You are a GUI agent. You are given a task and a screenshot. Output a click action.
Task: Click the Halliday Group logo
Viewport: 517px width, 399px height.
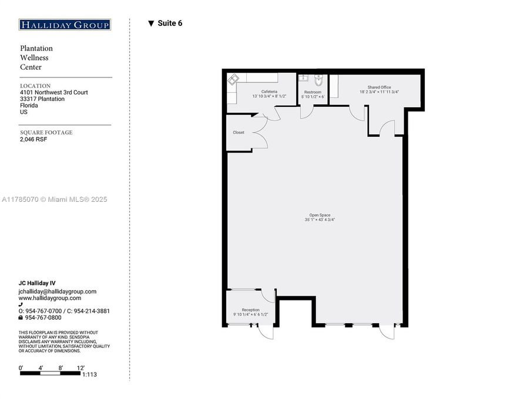coord(65,25)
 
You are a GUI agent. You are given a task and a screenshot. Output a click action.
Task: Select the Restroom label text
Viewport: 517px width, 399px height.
coord(313,92)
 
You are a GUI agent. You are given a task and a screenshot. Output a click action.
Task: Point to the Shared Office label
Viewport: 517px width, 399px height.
coord(379,87)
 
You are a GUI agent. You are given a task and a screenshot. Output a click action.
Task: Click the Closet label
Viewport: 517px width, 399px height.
coord(239,133)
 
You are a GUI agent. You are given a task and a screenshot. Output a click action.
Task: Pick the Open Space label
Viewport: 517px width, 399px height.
coord(320,215)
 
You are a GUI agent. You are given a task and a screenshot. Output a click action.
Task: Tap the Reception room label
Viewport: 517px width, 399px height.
coord(250,310)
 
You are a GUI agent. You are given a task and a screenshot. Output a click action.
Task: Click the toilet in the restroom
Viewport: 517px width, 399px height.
coord(318,80)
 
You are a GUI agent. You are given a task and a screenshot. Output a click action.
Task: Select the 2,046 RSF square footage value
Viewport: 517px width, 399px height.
coord(33,140)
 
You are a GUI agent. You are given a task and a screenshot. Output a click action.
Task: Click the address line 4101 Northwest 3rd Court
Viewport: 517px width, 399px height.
coord(54,93)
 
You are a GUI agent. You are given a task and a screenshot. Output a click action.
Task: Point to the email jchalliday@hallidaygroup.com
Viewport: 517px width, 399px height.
coord(58,291)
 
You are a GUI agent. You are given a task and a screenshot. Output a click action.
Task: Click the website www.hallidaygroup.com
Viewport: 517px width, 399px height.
coord(50,298)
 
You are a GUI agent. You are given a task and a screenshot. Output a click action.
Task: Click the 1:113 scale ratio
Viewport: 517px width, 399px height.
coord(89,374)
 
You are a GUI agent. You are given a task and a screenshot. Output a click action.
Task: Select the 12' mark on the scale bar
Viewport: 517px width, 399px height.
coord(80,368)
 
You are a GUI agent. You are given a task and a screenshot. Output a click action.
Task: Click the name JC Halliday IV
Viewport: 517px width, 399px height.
coord(37,283)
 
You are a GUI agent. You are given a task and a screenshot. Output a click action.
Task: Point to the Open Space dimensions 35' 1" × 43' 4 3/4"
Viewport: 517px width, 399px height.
coord(320,220)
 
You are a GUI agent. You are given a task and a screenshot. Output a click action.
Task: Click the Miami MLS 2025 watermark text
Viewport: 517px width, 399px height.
coord(54,199)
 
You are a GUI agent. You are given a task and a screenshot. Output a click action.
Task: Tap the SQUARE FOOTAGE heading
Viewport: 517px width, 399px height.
coord(46,133)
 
